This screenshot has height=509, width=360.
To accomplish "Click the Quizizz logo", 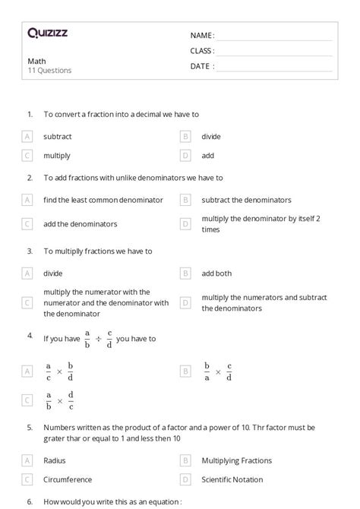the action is pyautogui.click(x=47, y=33).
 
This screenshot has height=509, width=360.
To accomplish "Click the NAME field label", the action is pyautogui.click(x=202, y=35).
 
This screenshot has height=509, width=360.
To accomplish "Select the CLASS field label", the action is pyautogui.click(x=202, y=51).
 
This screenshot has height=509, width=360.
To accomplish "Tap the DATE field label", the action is pyautogui.click(x=202, y=66).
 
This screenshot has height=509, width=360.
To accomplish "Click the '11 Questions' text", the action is pyautogui.click(x=49, y=71).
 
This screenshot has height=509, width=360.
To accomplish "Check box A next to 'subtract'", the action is pyautogui.click(x=27, y=137).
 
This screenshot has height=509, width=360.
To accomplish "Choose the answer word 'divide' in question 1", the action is pyautogui.click(x=211, y=137).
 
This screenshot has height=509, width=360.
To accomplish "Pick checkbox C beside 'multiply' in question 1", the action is pyautogui.click(x=27, y=156).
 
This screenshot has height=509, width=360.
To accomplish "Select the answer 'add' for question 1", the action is pyautogui.click(x=207, y=156).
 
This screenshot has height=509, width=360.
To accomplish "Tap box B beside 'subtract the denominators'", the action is pyautogui.click(x=185, y=200).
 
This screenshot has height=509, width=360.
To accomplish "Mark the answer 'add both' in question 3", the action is pyautogui.click(x=216, y=273).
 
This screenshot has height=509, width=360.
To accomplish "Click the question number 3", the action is pyautogui.click(x=30, y=251).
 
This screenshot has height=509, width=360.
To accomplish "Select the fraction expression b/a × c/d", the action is pyautogui.click(x=218, y=371).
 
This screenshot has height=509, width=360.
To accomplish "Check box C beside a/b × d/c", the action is pyautogui.click(x=27, y=400).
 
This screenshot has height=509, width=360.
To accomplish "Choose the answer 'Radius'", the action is pyautogui.click(x=55, y=460).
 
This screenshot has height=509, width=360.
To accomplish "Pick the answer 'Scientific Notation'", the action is pyautogui.click(x=232, y=479).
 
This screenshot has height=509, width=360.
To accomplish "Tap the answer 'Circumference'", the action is pyautogui.click(x=68, y=479).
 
